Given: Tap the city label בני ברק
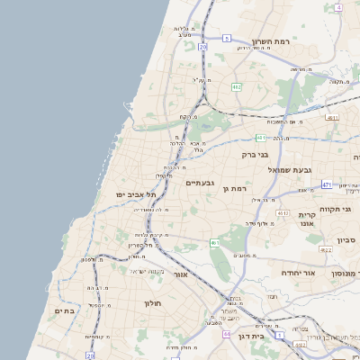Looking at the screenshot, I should click(256, 155).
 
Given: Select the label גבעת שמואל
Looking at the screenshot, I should click(289, 169).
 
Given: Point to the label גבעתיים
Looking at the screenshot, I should click(199, 183).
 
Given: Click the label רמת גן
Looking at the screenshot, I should click(238, 189).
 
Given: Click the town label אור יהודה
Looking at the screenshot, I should click(298, 273).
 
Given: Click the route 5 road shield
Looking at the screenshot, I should click(228, 38).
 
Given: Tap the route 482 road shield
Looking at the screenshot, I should click(237, 86).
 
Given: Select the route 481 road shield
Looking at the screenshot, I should click(260, 138).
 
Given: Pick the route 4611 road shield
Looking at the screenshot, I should click(333, 117).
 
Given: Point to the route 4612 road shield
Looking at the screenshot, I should click(283, 213).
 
